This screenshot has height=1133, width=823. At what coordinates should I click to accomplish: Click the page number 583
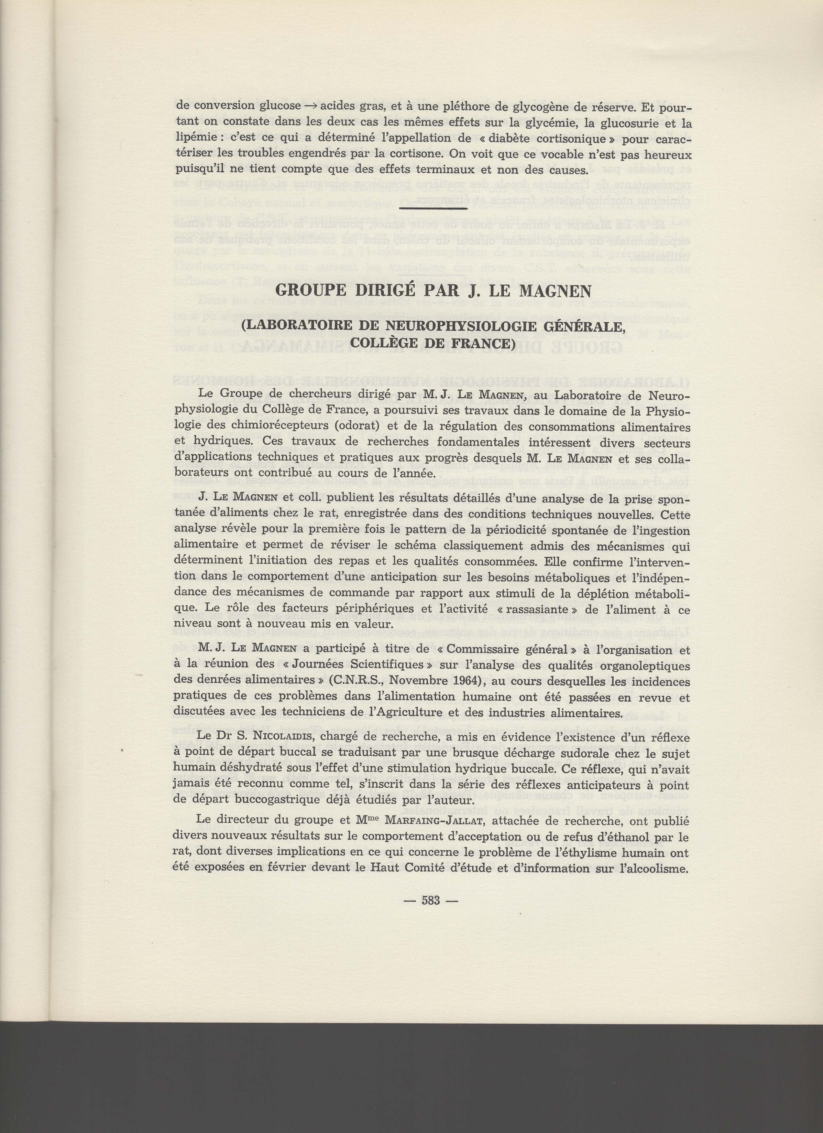click(430, 901)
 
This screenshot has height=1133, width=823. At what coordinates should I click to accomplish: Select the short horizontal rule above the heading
click(434, 207)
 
